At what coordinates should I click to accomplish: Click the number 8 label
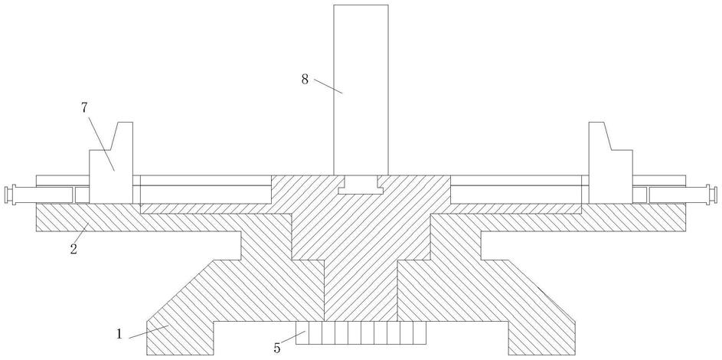305,79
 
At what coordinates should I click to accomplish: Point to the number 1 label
120,334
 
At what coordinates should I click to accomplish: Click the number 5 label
277,347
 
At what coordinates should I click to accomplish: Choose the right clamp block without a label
610,172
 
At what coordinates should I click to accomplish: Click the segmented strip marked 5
360,333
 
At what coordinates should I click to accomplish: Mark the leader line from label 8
328,86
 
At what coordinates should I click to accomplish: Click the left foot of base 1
180,337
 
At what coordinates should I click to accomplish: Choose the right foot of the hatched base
540,337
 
